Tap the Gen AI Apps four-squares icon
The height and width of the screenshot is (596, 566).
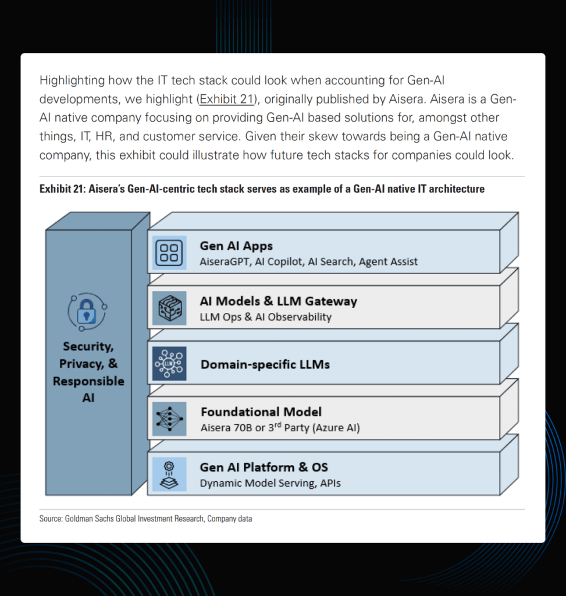pyautogui.click(x=169, y=253)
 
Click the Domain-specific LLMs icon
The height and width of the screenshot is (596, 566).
pyautogui.click(x=169, y=363)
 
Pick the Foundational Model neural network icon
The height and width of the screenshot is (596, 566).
pyautogui.click(x=169, y=419)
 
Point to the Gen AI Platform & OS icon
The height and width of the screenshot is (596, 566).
pyautogui.click(x=169, y=474)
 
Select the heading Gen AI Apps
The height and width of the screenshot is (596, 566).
pyautogui.click(x=236, y=246)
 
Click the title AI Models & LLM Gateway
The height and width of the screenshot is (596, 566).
pyautogui.click(x=278, y=301)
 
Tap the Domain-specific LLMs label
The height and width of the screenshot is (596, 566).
pyautogui.click(x=265, y=364)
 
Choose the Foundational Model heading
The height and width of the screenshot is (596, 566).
pyautogui.click(x=261, y=412)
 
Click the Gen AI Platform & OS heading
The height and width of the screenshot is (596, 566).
pyautogui.click(x=264, y=467)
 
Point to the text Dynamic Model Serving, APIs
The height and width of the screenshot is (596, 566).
pyautogui.click(x=270, y=483)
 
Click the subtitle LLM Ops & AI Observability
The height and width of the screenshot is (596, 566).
pyautogui.click(x=265, y=317)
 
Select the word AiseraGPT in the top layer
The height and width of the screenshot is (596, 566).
pyautogui.click(x=224, y=262)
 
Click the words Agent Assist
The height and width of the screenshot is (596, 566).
pyautogui.click(x=388, y=262)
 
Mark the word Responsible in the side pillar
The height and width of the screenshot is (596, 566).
pyautogui.click(x=88, y=381)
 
